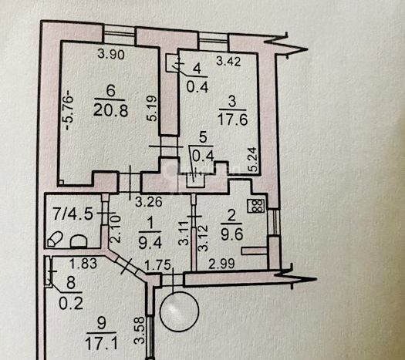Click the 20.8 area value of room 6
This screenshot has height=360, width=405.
click(110, 111)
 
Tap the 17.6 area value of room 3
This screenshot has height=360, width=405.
click(233, 119)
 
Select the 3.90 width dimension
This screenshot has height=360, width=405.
click(111, 55)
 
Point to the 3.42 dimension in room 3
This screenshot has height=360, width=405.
click(228, 62)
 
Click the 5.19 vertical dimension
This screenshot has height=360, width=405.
click(152, 109)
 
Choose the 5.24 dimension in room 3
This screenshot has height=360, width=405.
click(253, 160)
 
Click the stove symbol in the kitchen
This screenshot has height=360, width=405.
click(256, 206)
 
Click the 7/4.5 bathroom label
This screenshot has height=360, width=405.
click(73, 214)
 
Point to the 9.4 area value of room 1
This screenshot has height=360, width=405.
click(150, 243)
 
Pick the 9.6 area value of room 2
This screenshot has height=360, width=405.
click(231, 235)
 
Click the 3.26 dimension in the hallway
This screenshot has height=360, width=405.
click(149, 202)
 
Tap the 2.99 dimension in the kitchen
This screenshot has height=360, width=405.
click(221, 264)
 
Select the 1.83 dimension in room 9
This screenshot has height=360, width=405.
click(83, 264)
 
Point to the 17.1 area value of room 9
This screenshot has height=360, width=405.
click(101, 345)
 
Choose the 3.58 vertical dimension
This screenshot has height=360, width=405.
click(140, 331)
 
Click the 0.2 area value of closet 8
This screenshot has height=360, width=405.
click(71, 304)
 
